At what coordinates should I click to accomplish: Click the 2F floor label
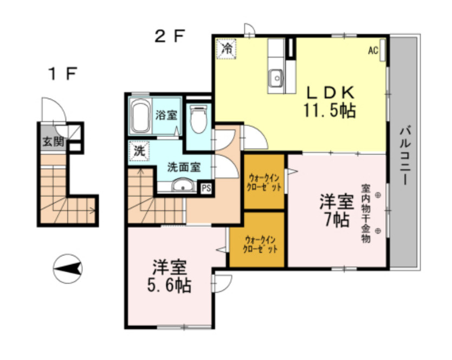click(x=169, y=36)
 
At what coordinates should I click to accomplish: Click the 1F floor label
click(x=63, y=74)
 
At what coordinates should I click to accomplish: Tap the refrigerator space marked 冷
click(x=227, y=49)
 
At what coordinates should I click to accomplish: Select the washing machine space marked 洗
click(x=139, y=151)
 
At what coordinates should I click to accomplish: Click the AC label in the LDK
click(x=373, y=51)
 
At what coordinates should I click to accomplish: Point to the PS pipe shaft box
click(x=206, y=188)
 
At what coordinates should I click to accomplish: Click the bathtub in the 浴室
click(x=140, y=116)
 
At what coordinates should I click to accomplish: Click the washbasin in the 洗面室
click(x=183, y=185)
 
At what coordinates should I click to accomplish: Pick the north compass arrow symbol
click(x=68, y=269)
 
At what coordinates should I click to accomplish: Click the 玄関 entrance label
click(x=53, y=142)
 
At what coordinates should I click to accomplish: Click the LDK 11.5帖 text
click(x=330, y=102)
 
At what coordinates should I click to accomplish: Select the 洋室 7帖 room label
click(x=337, y=210)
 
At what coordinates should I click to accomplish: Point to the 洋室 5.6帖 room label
click(x=169, y=276)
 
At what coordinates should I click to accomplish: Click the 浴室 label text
click(x=166, y=115)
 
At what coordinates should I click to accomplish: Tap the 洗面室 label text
click(x=184, y=168)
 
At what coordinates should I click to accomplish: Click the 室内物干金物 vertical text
click(x=366, y=214)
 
